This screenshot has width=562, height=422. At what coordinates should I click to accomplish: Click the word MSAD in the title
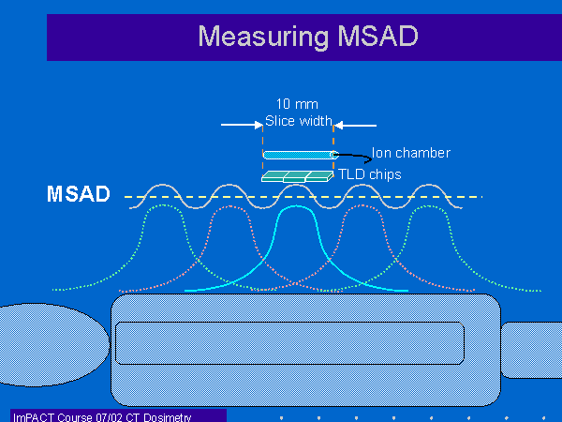[x=378, y=36]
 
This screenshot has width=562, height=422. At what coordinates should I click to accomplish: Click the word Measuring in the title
[x=263, y=37]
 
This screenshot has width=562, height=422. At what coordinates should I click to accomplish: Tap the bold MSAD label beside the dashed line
[x=78, y=194]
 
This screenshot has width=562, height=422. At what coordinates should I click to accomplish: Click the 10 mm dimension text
[x=297, y=104]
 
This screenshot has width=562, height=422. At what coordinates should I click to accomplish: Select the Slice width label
[x=299, y=121]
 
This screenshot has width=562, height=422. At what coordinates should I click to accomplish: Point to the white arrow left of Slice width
[x=242, y=125]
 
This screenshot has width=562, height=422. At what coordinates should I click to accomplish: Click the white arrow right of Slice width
[x=355, y=126]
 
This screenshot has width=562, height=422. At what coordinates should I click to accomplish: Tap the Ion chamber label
[x=411, y=153]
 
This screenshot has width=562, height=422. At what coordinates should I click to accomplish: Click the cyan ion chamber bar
[x=301, y=155]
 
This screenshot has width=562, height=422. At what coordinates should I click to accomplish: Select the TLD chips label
[x=370, y=174]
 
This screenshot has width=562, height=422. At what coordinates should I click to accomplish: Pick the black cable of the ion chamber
[x=353, y=158]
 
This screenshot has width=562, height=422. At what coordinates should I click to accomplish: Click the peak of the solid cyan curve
[x=296, y=206]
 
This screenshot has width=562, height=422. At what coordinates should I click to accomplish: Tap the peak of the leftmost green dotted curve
[x=163, y=205]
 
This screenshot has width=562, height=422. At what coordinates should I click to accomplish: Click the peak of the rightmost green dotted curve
[x=429, y=206]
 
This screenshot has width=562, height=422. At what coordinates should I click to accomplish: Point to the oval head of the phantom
[x=53, y=344]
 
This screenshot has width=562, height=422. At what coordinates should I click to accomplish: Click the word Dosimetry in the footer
[x=167, y=417]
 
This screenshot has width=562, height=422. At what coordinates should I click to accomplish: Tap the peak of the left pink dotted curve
[x=229, y=206]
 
